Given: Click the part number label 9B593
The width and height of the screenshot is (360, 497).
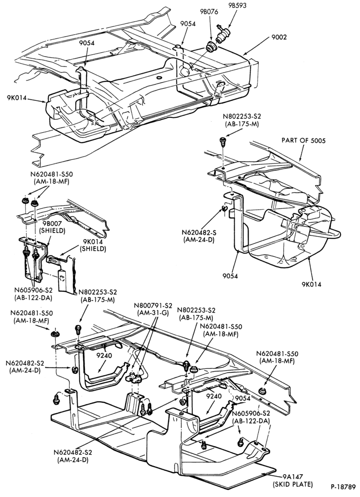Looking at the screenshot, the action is (x=237, y=5).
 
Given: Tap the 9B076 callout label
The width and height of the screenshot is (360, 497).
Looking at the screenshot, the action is (x=209, y=12).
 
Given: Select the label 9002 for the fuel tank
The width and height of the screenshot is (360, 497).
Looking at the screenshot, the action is (x=279, y=37).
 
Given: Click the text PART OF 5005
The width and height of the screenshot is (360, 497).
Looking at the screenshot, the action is (x=303, y=140).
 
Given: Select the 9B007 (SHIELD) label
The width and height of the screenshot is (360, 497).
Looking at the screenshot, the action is (x=52, y=227).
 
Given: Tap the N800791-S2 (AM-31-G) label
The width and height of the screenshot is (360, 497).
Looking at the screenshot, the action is (x=153, y=309).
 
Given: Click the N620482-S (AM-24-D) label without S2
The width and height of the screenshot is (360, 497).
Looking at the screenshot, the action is (x=199, y=236).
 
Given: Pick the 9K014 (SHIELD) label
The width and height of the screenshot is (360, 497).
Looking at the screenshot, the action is (x=92, y=246).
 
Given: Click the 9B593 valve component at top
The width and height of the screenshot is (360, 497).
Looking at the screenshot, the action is (x=222, y=34).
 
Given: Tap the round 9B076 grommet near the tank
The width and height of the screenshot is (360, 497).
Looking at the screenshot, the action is (x=211, y=47).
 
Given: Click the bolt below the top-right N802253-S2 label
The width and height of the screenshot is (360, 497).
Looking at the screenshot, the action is (x=223, y=141).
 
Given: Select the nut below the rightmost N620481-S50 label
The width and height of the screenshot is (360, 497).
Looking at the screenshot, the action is (x=262, y=391).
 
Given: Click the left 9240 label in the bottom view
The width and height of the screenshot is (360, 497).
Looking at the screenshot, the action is (x=104, y=355).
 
